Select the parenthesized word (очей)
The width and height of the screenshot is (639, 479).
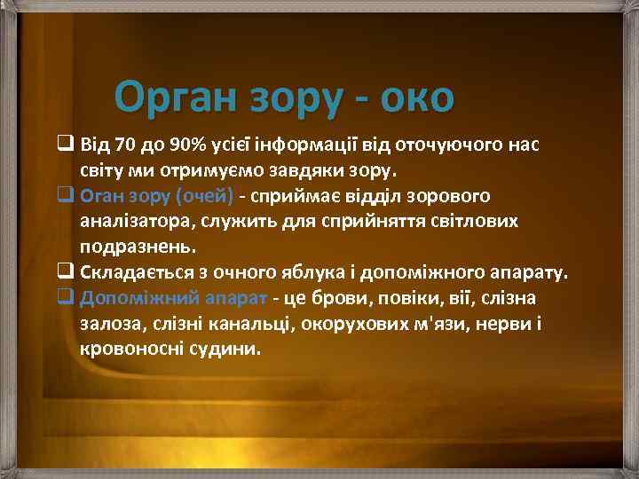203,194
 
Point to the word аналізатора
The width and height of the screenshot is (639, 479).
130,219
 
